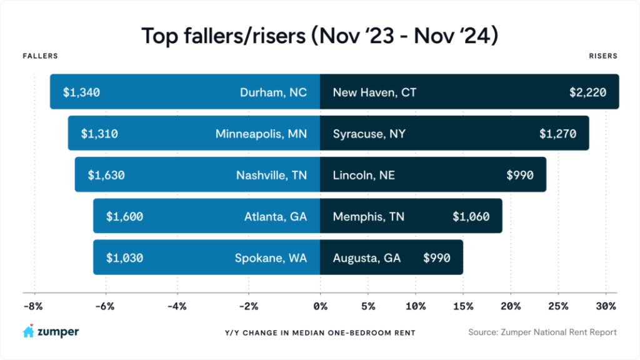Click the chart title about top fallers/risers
tap(319, 36)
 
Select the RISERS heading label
tap(603, 56)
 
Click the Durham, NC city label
tap(274, 92)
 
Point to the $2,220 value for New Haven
tap(588, 92)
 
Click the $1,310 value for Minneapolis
tap(100, 134)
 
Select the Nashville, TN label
tap(271, 175)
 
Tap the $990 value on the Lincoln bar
tap(520, 175)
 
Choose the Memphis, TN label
tap(369, 217)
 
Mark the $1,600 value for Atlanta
tap(124, 217)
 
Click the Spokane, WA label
tap(271, 257)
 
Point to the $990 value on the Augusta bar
tap(437, 257)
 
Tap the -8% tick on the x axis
tap(33, 306)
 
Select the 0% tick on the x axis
tap(320, 306)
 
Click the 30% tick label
tap(606, 306)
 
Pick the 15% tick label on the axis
tap(462, 306)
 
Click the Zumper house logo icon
tap(28, 332)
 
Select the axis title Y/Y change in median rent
tap(319, 332)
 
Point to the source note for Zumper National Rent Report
tap(542, 332)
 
